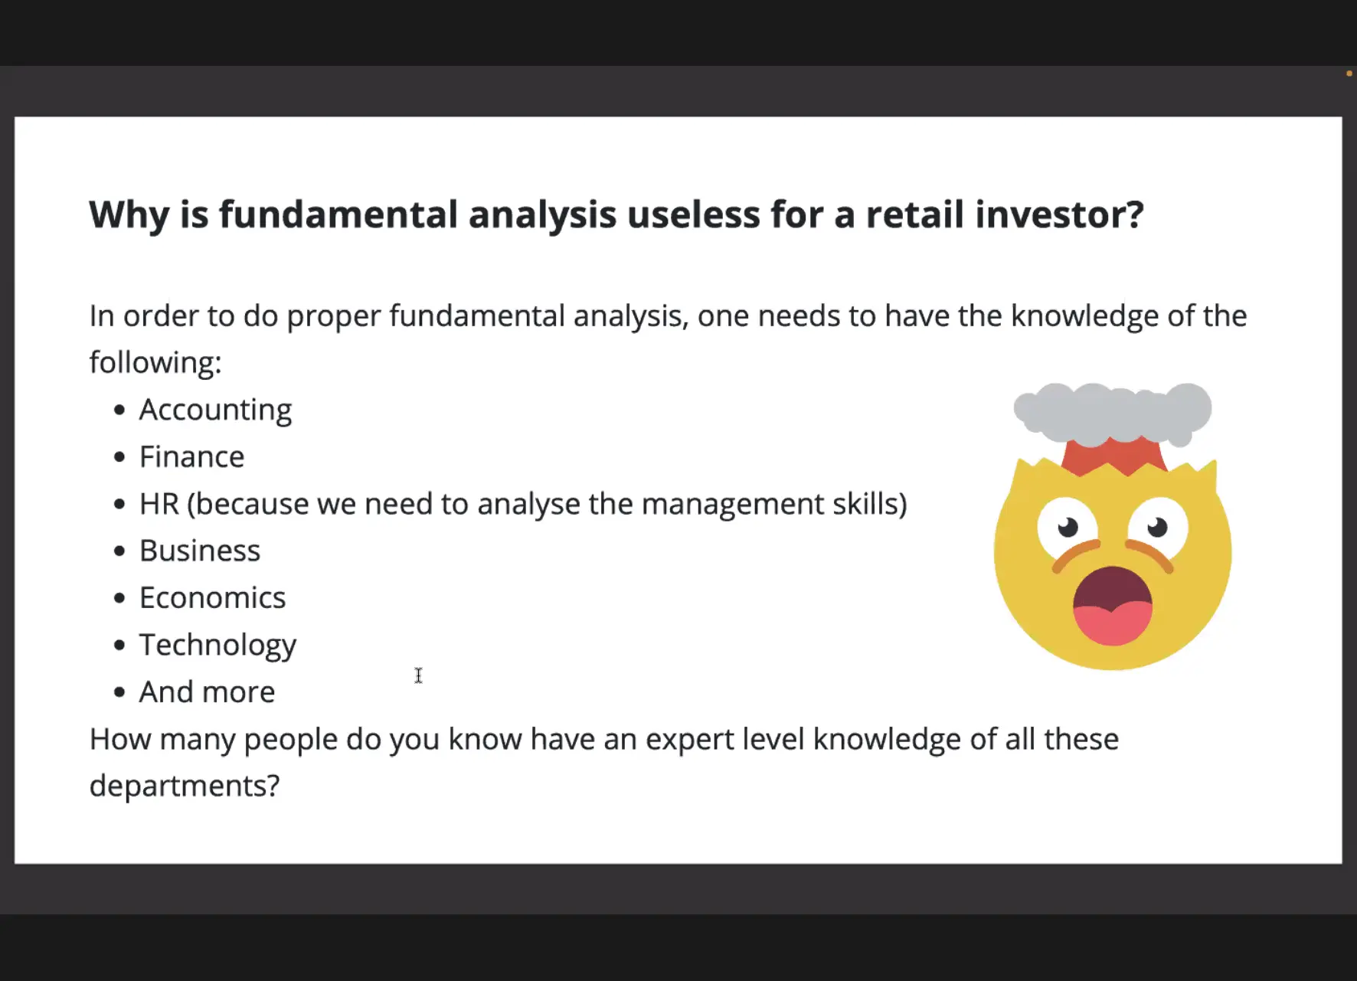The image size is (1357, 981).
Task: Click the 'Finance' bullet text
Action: [x=191, y=457]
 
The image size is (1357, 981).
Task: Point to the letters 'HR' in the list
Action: [x=159, y=504]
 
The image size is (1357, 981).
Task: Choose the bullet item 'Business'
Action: [x=200, y=551]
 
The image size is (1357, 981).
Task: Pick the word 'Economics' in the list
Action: [x=212, y=598]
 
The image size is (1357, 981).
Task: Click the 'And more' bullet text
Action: [x=207, y=692]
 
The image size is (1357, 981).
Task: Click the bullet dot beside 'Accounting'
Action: [x=119, y=410]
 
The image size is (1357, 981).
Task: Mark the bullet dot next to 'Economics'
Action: [x=119, y=598]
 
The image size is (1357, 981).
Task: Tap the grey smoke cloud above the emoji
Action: [x=1113, y=412]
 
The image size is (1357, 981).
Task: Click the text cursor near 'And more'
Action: [x=418, y=675]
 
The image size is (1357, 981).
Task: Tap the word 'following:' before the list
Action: [x=155, y=363]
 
